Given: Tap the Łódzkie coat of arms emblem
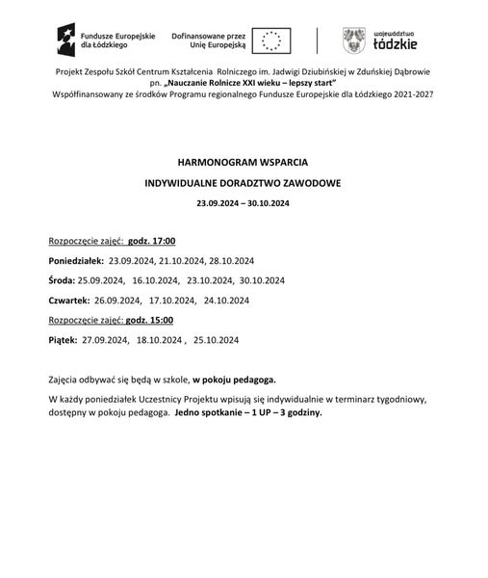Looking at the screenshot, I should pos(354,40).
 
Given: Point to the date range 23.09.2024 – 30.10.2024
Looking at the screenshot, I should pos(243,203).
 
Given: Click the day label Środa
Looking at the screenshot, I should pos(60,280).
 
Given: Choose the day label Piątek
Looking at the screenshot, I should pos(62,340).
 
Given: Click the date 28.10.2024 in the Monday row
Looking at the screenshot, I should pos(231,261).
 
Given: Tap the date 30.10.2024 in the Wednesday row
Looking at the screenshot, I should pos(263,280).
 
